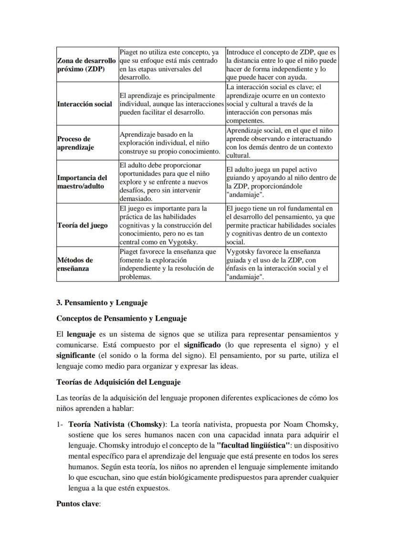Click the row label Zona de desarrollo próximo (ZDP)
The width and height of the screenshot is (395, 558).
pos(86,65)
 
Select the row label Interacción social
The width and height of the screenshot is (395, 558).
pos(85,104)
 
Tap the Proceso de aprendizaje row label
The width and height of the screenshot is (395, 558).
pos(75,143)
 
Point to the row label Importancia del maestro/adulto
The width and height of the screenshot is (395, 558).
pos(82,182)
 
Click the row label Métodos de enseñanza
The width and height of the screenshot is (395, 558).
pos(75,264)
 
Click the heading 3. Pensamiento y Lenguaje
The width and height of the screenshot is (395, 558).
pos(102,303)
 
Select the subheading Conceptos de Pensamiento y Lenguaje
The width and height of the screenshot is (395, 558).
pos(121,318)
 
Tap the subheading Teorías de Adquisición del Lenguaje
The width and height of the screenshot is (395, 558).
pos(118,382)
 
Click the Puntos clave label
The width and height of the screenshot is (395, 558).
pos(78,504)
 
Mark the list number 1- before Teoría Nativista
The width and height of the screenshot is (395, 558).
pos(60,423)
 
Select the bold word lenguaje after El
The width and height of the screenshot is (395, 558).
pos(82,334)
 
